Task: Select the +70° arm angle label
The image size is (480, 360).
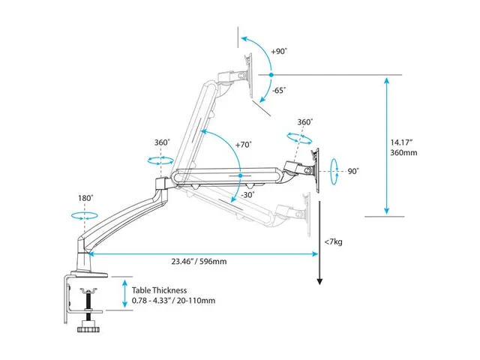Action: click(x=243, y=145)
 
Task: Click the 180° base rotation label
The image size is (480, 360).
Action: click(x=84, y=198)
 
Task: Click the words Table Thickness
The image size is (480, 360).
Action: click(x=159, y=289)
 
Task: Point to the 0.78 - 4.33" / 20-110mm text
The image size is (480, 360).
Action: click(x=174, y=301)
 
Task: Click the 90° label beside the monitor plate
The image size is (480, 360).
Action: click(x=352, y=171)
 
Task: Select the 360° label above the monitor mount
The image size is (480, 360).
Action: click(x=304, y=121)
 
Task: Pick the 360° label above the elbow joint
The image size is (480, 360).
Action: click(x=162, y=142)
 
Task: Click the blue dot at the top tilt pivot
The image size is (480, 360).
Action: click(x=271, y=74)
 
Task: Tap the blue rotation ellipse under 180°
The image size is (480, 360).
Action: click(x=84, y=215)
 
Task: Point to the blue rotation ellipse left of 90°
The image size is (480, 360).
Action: click(x=334, y=170)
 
